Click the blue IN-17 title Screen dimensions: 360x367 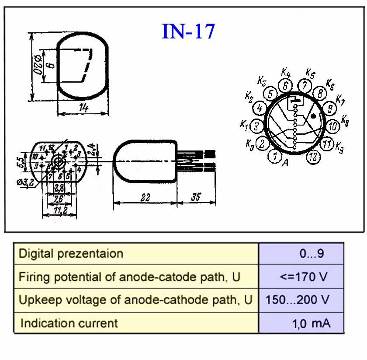tap(188, 31)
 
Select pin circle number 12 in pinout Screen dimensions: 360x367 tap(313, 157)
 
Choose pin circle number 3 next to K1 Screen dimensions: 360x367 tap(257, 126)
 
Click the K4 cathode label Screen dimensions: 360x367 tap(286, 72)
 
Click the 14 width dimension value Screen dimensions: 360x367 tap(83, 107)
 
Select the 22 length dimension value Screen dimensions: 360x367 tap(145, 198)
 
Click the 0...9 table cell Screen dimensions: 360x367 tap(312, 254)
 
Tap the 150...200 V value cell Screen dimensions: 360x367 tap(298, 300)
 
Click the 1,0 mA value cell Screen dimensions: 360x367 tap(312, 323)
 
